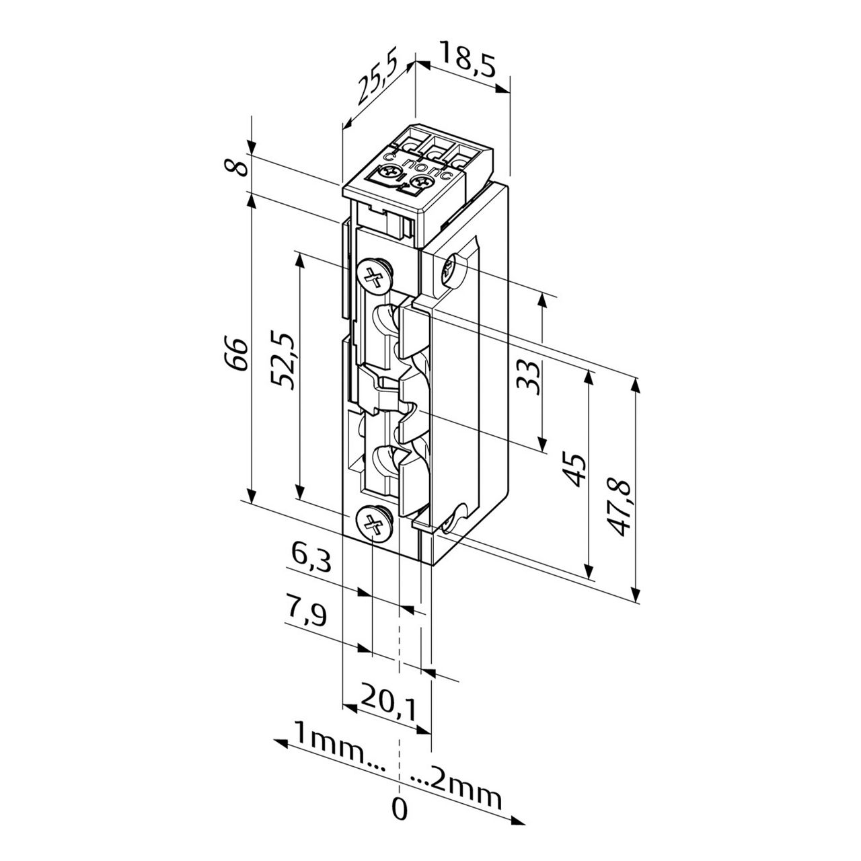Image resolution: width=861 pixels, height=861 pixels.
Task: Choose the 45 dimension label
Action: [574, 469]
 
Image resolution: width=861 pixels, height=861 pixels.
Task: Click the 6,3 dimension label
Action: [311, 558]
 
